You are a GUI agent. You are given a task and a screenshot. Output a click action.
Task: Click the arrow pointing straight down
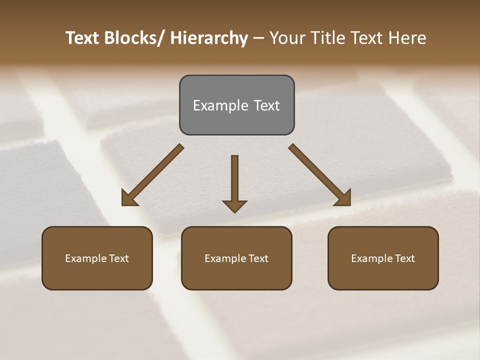click(x=234, y=180)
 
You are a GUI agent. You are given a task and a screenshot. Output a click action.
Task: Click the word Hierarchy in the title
click(x=209, y=38)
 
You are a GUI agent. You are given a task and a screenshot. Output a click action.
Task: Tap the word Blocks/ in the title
click(x=134, y=38)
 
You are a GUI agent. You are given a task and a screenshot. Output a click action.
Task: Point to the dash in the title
click(x=258, y=38)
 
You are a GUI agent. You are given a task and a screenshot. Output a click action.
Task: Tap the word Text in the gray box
click(x=266, y=105)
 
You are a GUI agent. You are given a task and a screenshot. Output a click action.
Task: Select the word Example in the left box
click(x=85, y=258)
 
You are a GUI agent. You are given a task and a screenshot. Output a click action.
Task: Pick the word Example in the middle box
click(x=224, y=258)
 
